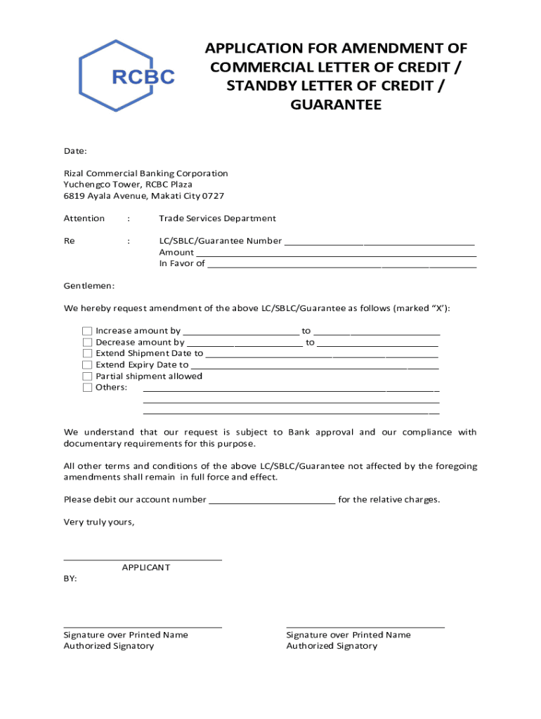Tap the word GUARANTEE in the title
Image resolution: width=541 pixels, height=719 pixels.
click(x=335, y=105)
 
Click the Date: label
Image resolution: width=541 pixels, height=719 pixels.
click(x=75, y=151)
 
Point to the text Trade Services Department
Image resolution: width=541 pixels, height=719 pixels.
click(x=217, y=218)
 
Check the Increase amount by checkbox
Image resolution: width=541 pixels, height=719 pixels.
click(x=87, y=331)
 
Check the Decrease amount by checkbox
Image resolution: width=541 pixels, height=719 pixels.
click(x=87, y=342)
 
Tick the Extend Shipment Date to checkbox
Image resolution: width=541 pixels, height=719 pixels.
click(x=87, y=353)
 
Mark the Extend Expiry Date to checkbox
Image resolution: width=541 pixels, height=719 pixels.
click(x=87, y=364)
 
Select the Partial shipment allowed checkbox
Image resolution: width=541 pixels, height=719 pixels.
click(x=87, y=376)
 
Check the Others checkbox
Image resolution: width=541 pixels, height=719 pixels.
click(x=87, y=387)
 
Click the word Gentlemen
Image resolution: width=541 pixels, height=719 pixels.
click(x=89, y=286)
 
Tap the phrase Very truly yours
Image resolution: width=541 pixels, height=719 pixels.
click(x=98, y=522)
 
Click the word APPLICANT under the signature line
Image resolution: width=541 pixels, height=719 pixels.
click(x=145, y=567)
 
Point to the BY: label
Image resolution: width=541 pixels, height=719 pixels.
click(x=71, y=579)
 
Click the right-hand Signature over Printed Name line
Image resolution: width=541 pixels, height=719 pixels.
click(x=365, y=626)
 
